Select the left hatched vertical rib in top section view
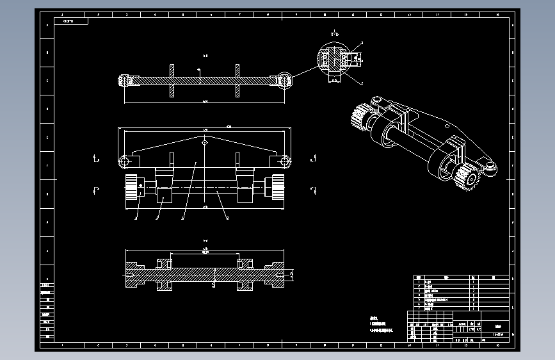point(172,80)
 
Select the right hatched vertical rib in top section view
point(237,80)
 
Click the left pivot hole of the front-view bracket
point(125,160)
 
